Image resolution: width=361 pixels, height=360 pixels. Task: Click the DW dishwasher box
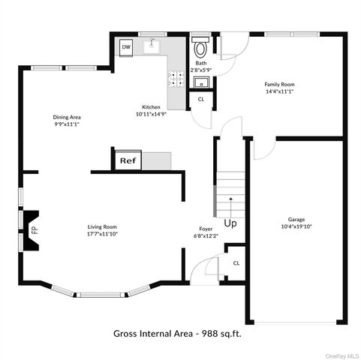tap(126, 47)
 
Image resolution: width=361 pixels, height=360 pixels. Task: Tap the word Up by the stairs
tap(230, 223)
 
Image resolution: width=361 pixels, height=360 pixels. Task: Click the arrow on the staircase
tap(230, 201)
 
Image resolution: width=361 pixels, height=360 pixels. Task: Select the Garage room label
tap(296, 220)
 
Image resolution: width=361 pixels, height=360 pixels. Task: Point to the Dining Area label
tap(67, 117)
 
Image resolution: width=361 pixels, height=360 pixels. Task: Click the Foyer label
tap(205, 228)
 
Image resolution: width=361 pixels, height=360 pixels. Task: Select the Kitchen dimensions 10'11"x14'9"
tap(152, 115)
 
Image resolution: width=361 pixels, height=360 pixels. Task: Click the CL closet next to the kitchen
tap(201, 99)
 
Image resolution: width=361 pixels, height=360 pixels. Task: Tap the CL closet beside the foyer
tap(236, 262)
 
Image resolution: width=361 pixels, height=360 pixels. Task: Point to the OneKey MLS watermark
tap(341, 355)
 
